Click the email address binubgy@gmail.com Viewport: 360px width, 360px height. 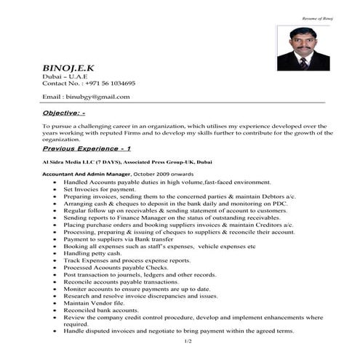[96, 96]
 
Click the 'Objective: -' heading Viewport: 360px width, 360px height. [65, 113]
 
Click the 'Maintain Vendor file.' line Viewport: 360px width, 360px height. [89, 303]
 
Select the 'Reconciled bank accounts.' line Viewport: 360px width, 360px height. [95, 311]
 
